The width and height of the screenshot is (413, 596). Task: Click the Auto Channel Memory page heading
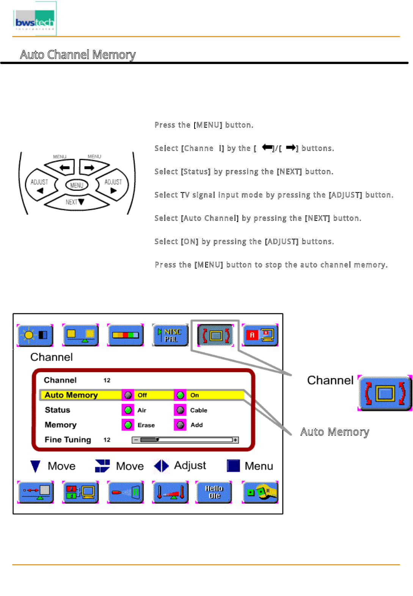(x=78, y=55)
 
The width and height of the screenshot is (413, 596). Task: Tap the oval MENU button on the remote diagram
(x=77, y=185)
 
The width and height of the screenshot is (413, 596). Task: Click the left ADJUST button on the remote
(x=39, y=186)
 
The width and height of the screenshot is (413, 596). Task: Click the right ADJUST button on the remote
(x=113, y=186)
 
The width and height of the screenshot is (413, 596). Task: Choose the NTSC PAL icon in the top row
(x=170, y=335)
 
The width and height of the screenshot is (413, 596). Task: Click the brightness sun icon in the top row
(x=35, y=335)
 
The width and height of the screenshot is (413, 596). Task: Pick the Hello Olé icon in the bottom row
(x=214, y=492)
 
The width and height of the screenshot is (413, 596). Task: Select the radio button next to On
(x=181, y=395)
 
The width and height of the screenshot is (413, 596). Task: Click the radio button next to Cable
(x=181, y=410)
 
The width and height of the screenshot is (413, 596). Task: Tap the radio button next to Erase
(x=128, y=425)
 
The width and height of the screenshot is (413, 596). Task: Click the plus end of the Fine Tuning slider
(x=236, y=440)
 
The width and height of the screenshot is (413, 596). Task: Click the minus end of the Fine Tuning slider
(x=136, y=440)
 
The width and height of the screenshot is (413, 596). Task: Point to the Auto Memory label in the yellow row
(x=71, y=395)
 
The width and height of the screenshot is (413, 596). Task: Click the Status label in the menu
(x=58, y=410)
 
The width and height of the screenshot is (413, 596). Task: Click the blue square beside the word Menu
(x=233, y=466)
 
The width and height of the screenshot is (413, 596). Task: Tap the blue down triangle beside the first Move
(x=35, y=466)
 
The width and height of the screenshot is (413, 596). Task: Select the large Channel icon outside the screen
(x=385, y=393)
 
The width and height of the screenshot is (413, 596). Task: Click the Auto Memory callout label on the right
(x=334, y=432)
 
